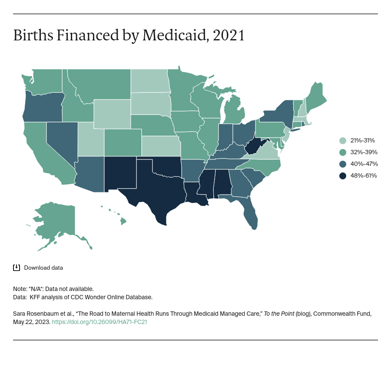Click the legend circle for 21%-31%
click(x=343, y=140)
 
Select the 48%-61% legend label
click(x=364, y=175)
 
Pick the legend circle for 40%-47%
click(x=343, y=164)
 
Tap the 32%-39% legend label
click(x=364, y=152)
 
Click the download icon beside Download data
click(x=17, y=268)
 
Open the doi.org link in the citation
click(x=99, y=322)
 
